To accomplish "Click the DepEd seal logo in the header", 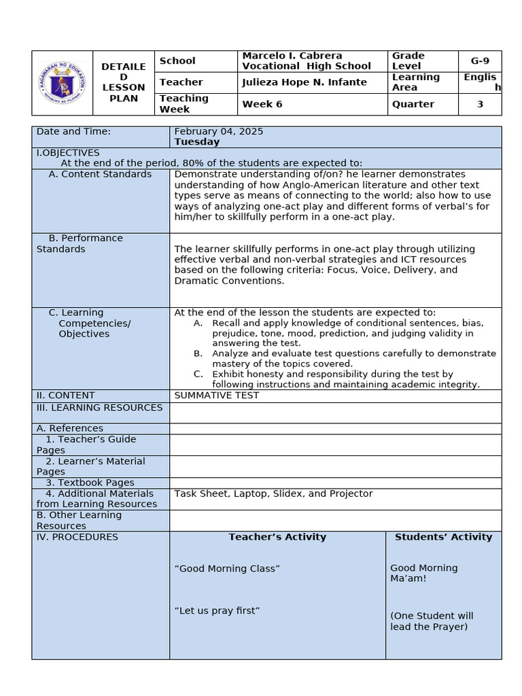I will point(63,83).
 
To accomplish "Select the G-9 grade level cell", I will point(480,61).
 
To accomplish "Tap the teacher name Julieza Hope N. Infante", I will point(304,82).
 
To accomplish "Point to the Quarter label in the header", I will point(413,104).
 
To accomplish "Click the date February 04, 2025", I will point(219,131).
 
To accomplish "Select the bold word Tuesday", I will point(197,142).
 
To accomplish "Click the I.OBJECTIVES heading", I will point(68,153).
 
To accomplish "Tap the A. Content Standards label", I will point(100,174).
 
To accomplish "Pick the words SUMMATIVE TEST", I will point(217,396).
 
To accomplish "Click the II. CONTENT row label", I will point(66,396).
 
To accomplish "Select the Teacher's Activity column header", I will point(277,537).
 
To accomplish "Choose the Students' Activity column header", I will point(443,537).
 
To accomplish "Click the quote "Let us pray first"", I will point(217,610).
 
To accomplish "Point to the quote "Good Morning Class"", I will point(227,568).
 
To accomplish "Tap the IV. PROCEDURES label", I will point(77,537).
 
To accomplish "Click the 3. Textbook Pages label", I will point(90,483).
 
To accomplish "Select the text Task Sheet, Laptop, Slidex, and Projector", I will point(273,493).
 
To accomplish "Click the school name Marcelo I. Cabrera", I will point(292,56).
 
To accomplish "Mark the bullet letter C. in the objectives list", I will point(198,374).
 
